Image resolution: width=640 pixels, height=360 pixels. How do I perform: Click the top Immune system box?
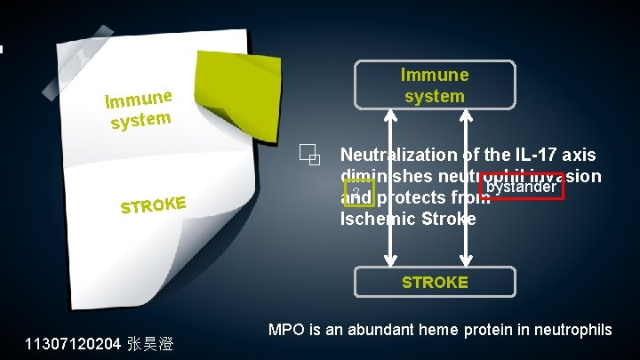click(434, 85)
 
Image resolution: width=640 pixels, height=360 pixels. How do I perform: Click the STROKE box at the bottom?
click(434, 282)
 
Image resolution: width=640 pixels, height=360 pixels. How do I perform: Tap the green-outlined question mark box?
click(356, 193)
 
